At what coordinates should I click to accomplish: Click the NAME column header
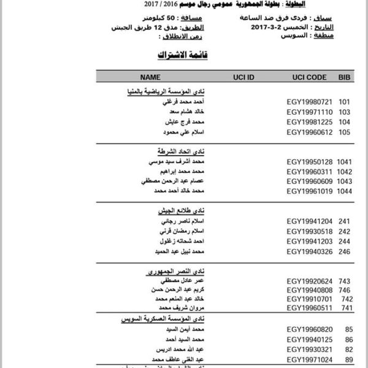pyautogui.click(x=150, y=78)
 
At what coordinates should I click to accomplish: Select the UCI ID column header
pyautogui.click(x=243, y=78)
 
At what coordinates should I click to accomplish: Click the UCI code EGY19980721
pyautogui.click(x=310, y=101)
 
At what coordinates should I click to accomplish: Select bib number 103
pyautogui.click(x=344, y=112)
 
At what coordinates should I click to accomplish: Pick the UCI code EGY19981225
pyautogui.click(x=310, y=121)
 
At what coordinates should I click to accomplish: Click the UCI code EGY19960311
pyautogui.click(x=310, y=171)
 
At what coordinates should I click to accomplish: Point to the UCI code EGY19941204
pyautogui.click(x=310, y=221)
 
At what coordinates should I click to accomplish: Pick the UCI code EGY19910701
pyautogui.click(x=310, y=299)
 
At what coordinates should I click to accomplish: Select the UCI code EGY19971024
pyautogui.click(x=310, y=359)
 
